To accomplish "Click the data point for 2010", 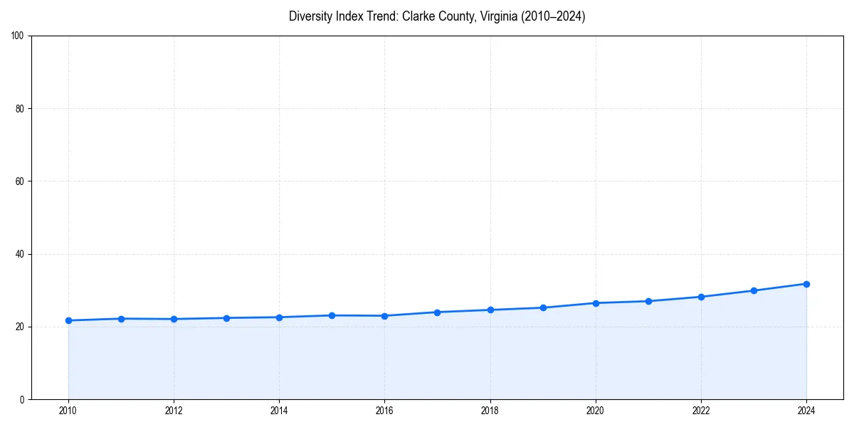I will (68, 320).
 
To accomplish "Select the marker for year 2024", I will (806, 284).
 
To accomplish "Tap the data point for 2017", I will (437, 312).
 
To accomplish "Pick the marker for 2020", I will (596, 303).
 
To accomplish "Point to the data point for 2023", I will (754, 290).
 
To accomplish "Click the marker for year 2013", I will (226, 318).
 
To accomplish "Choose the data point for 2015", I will (332, 315).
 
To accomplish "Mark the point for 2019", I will (543, 307).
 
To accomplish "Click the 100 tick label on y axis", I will (18, 36).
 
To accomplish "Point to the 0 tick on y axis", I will (22, 399).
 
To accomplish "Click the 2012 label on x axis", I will (174, 411).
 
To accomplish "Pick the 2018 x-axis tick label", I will (490, 411).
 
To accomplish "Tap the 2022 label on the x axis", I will (701, 411).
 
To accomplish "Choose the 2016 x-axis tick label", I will (384, 411).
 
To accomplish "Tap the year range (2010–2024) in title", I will (553, 16).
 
